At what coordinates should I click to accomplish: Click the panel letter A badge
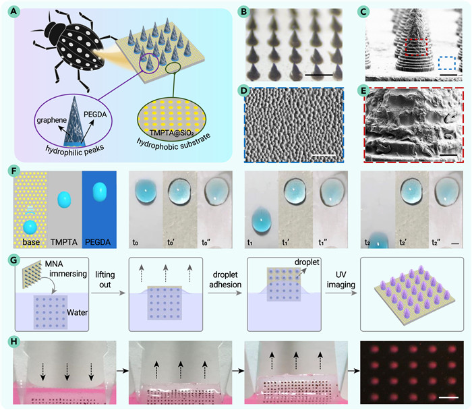14,12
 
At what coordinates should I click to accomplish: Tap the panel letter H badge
14,342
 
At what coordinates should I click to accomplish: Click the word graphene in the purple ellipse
52,120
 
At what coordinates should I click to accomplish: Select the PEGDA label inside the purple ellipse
95,115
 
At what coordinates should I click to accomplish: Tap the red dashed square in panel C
416,47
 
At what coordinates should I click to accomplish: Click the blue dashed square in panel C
447,63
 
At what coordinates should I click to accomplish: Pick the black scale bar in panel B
319,75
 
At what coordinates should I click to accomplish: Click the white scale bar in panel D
324,155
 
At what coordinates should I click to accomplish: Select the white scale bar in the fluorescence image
448,397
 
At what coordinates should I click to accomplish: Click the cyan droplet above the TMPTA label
64,200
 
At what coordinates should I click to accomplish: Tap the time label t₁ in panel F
249,242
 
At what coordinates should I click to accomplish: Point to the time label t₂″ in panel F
436,242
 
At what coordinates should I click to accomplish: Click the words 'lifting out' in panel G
105,280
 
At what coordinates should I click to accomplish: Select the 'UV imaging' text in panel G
341,279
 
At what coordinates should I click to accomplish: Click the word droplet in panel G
307,262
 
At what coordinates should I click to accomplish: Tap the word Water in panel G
77,312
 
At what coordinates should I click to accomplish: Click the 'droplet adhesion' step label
225,280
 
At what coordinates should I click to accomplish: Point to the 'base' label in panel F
31,242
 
